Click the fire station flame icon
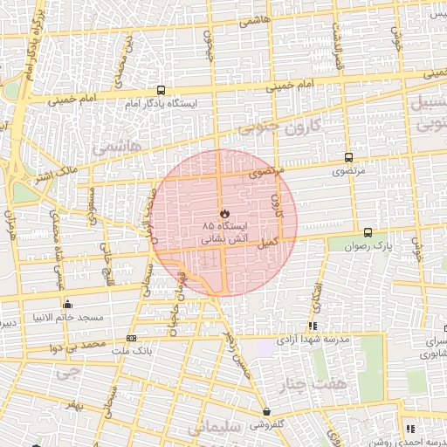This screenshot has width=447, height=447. coord(224,212)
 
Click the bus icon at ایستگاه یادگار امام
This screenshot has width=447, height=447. coord(161,90)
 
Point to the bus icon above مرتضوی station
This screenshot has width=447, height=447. coord(349,158)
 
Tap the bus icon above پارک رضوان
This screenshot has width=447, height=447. coord(368,233)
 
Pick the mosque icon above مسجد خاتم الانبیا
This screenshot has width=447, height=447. coord(68,304)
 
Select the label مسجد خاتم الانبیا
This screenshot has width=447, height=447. coord(67,317)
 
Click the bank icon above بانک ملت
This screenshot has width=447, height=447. coord(131,338)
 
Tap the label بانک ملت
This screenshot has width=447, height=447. coord(129,351)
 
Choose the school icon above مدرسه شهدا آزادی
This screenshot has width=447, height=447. coord(313,326)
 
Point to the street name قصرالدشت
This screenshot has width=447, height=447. coord(336,39)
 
